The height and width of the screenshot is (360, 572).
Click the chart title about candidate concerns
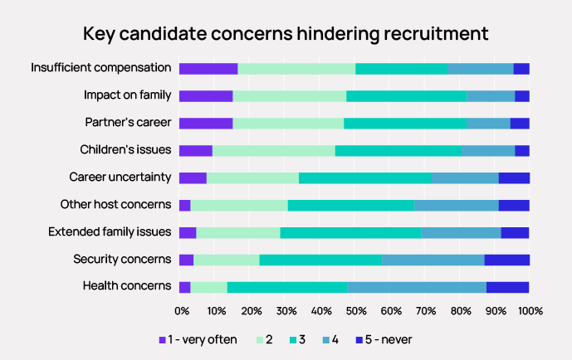point(286,34)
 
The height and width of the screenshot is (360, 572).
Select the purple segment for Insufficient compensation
point(208,69)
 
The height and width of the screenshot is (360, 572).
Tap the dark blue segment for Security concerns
point(506,260)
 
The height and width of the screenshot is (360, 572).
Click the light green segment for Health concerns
point(208,287)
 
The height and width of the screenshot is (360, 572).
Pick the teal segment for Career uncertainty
point(364,178)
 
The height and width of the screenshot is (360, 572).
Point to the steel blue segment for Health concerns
point(417,287)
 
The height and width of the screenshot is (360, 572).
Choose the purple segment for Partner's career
point(205,123)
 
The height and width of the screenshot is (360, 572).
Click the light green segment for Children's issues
point(273,150)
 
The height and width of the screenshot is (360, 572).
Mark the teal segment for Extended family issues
point(350,232)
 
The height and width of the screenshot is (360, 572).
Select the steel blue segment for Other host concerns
point(456,205)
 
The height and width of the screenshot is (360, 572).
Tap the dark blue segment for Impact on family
point(521,95)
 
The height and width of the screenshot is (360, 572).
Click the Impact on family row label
point(127,95)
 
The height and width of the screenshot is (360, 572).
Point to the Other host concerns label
point(115,205)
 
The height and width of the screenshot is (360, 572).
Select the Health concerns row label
point(127,287)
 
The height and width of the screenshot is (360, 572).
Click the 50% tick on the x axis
point(355,311)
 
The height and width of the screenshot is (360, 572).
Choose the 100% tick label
point(530,311)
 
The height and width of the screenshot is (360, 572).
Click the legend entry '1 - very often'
point(198,339)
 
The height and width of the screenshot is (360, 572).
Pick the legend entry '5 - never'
point(384,339)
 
